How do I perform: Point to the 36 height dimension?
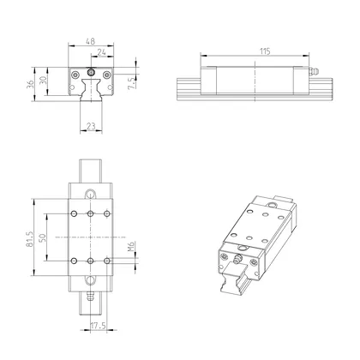[x=32, y=82]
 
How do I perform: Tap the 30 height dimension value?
[x=44, y=82]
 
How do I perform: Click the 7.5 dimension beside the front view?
[x=131, y=84]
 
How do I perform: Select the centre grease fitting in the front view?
[x=91, y=80]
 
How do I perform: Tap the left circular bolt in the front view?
[x=75, y=75]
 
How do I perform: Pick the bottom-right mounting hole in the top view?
[x=105, y=258]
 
